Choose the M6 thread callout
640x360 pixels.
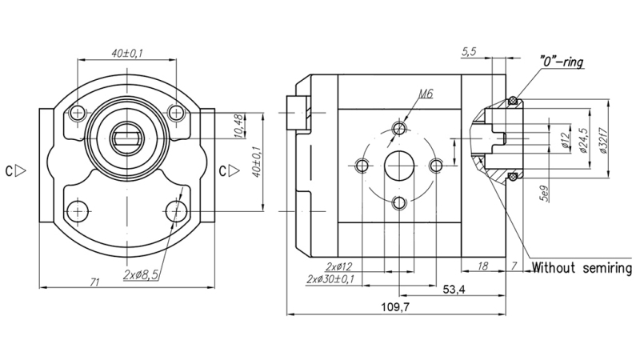click(x=426, y=94)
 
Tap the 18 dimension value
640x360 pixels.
click(x=482, y=265)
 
